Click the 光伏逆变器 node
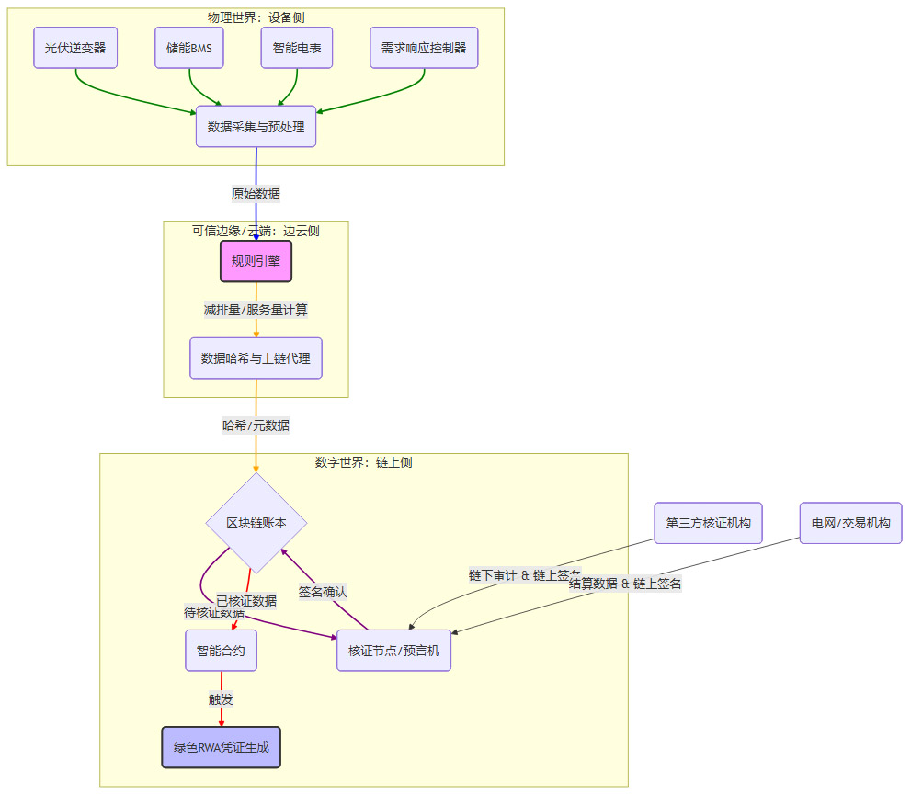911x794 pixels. [75, 48]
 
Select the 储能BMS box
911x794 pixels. [189, 48]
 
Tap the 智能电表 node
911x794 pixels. [296, 48]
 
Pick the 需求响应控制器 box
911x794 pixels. [424, 48]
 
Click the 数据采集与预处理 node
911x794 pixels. [256, 127]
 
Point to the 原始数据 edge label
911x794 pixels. [256, 194]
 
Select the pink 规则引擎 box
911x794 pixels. [256, 261]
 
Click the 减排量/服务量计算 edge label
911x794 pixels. [256, 310]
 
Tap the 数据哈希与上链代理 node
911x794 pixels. [256, 357]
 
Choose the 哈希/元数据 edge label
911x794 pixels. [256, 425]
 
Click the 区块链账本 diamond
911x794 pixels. [256, 522]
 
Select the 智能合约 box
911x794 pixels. [221, 651]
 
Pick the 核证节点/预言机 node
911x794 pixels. [393, 651]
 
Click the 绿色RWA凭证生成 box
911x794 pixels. [221, 747]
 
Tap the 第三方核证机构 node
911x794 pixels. [708, 523]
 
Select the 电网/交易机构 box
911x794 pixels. [850, 523]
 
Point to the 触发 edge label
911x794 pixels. [221, 699]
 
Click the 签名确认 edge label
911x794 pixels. [323, 592]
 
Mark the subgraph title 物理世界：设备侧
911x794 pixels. [256, 17]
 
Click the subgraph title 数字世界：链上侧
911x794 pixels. [363, 462]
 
